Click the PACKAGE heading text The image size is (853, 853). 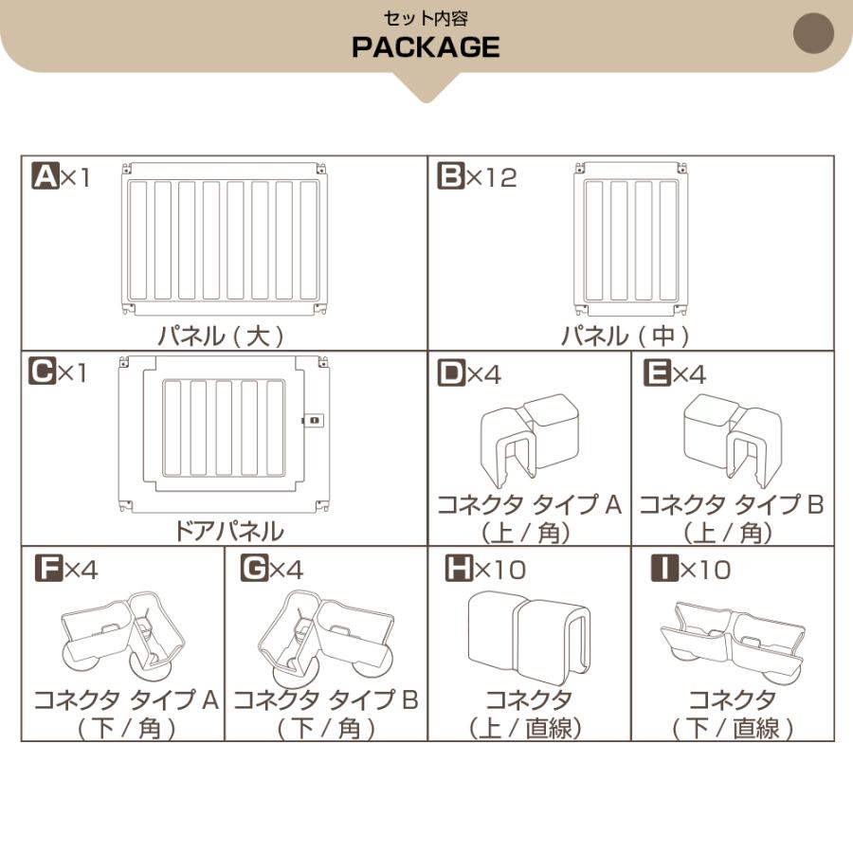click(426, 47)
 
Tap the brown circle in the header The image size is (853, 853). click(812, 34)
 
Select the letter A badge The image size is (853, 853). click(45, 176)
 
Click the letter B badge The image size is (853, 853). click(450, 176)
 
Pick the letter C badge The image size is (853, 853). click(42, 372)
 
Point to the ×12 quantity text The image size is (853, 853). click(492, 177)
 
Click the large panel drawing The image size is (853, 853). click(226, 240)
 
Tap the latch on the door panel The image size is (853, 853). click(312, 420)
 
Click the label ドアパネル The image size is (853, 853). click(228, 530)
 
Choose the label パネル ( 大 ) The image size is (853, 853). click(221, 336)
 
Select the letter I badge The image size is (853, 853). click(663, 569)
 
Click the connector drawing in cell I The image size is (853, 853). click(732, 638)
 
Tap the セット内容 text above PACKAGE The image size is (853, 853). click(426, 18)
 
